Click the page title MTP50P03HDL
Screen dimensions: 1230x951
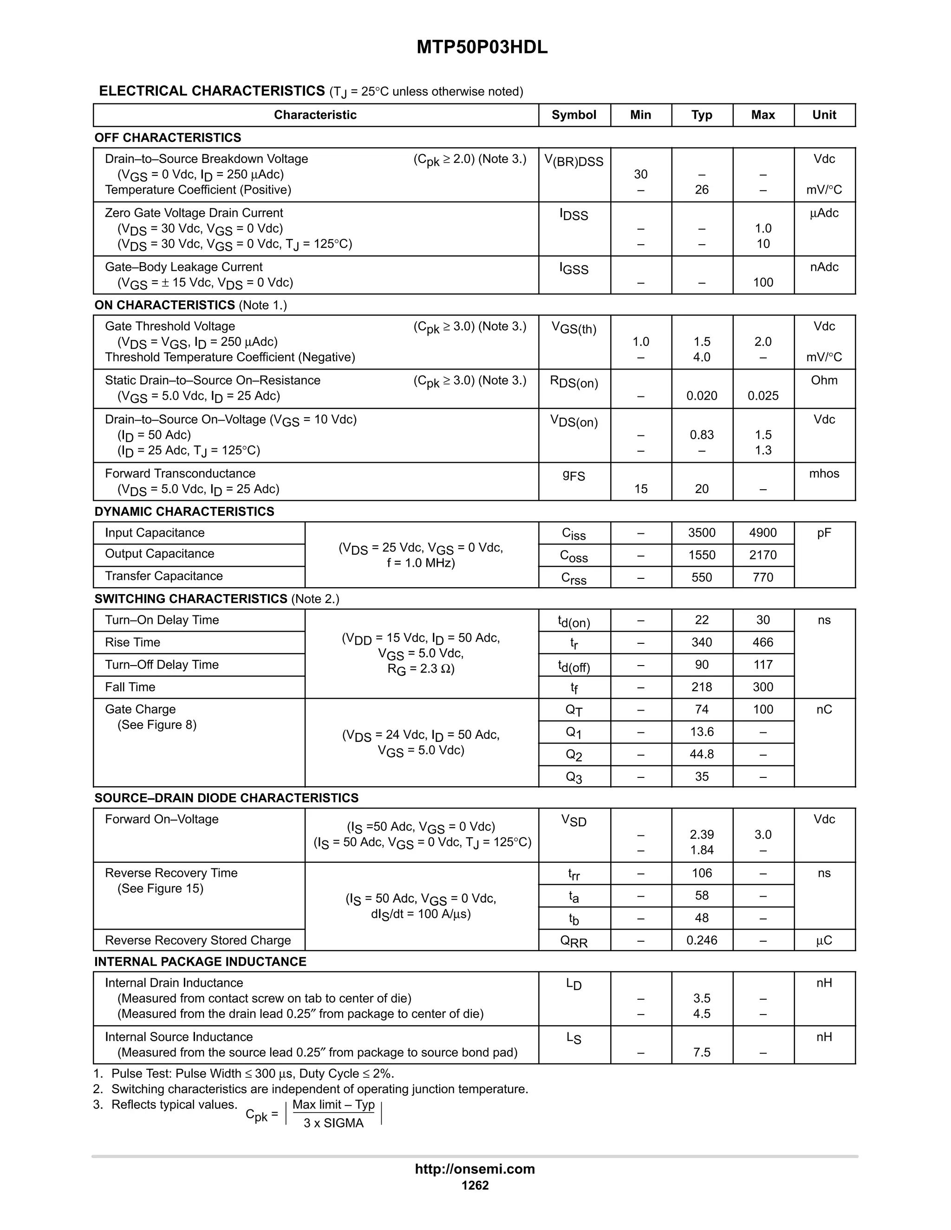click(x=482, y=47)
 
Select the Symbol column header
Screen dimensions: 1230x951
click(x=573, y=115)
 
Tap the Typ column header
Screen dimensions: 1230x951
click(x=702, y=115)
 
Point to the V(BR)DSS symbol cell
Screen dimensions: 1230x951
click(x=573, y=161)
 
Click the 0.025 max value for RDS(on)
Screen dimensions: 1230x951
click(x=763, y=396)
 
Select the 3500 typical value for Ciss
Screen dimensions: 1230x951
click(x=702, y=533)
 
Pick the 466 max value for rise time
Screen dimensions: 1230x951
click(x=763, y=642)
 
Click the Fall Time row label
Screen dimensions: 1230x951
click(x=130, y=687)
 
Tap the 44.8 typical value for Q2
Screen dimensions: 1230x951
click(x=702, y=754)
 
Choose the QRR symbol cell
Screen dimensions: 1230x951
click(x=573, y=941)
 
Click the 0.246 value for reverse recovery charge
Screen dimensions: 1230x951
click(x=702, y=940)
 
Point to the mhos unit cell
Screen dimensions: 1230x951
click(x=824, y=473)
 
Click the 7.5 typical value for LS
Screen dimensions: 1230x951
click(x=702, y=1053)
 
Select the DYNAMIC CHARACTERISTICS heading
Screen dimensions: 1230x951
click(x=184, y=511)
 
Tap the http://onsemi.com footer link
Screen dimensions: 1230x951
click(x=475, y=1169)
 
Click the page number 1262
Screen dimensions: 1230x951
click(x=475, y=1185)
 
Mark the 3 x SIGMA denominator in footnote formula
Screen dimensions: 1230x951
click(x=333, y=1123)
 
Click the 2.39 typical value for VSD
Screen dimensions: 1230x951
click(x=702, y=835)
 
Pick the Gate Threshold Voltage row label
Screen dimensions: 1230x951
click(x=169, y=327)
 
